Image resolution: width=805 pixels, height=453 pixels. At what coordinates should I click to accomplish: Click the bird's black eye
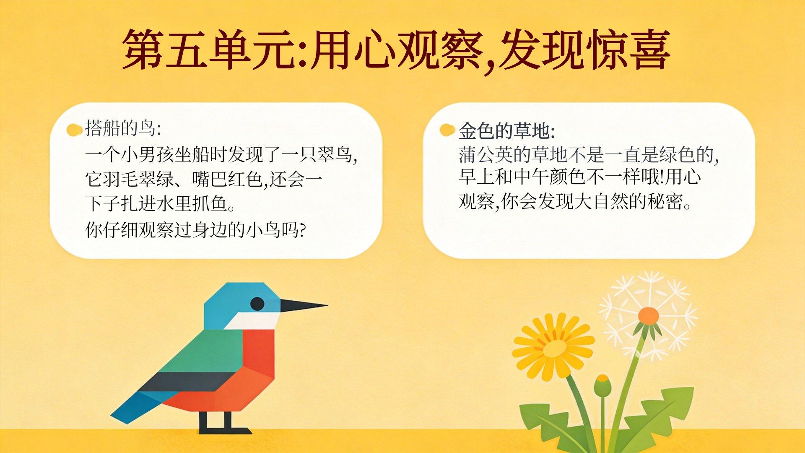point(257,304)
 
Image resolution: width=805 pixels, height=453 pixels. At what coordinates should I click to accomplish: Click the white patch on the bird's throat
point(252,320)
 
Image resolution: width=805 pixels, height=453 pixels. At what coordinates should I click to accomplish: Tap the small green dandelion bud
point(602,385)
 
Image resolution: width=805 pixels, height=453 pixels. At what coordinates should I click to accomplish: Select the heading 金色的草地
point(507,131)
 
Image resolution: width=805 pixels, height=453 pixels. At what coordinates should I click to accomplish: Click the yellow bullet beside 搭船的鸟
point(74,130)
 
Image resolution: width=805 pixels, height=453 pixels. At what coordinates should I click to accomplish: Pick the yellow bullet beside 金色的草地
point(447,130)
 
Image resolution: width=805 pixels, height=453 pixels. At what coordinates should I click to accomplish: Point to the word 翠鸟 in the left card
point(334,155)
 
